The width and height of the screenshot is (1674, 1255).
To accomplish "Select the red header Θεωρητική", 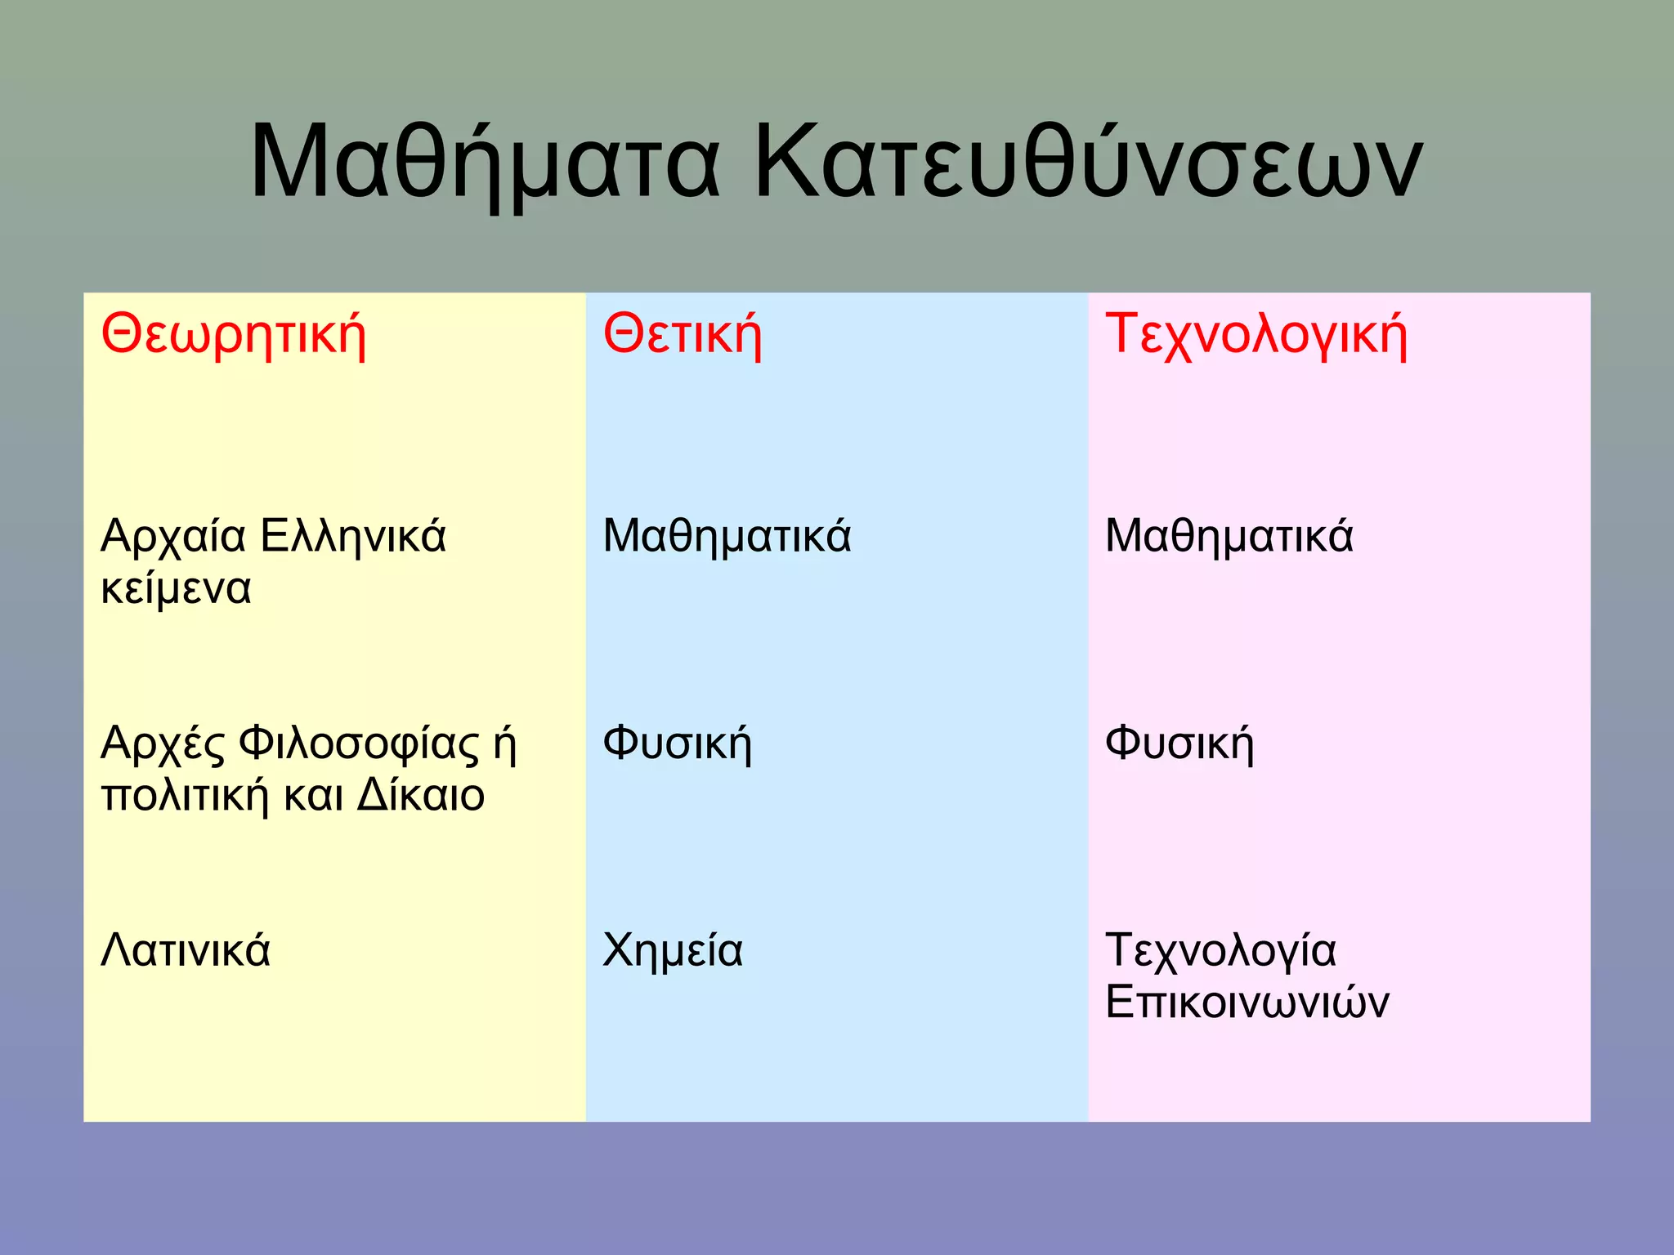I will click(x=233, y=335).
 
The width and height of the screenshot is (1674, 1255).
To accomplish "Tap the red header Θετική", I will click(x=682, y=335).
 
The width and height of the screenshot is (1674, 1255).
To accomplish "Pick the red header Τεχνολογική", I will click(x=1255, y=335).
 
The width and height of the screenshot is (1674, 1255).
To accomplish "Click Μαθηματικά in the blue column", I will click(x=727, y=537).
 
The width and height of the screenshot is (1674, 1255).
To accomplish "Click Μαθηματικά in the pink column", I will click(x=1229, y=537).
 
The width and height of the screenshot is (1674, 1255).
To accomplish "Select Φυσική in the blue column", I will click(x=677, y=744).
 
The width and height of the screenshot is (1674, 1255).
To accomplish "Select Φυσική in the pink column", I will click(x=1179, y=744).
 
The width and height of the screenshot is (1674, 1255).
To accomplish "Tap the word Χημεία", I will click(x=673, y=951).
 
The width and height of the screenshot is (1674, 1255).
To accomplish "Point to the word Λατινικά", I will click(x=186, y=951).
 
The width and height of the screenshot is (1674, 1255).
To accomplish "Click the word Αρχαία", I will click(x=173, y=537).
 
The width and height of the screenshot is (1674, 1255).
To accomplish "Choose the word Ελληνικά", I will click(x=353, y=537).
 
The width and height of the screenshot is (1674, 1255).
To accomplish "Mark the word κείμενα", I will click(x=176, y=589).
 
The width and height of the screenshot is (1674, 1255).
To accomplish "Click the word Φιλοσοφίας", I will click(x=359, y=744).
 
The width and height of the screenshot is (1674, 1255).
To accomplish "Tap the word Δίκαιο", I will click(x=421, y=796).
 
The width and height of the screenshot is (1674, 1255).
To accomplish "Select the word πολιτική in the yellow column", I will click(x=185, y=796).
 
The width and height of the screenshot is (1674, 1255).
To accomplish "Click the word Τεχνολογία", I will click(x=1220, y=951).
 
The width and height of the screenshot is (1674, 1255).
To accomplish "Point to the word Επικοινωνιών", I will click(x=1247, y=1003).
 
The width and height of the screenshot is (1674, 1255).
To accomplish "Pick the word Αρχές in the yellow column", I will click(x=162, y=744).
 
